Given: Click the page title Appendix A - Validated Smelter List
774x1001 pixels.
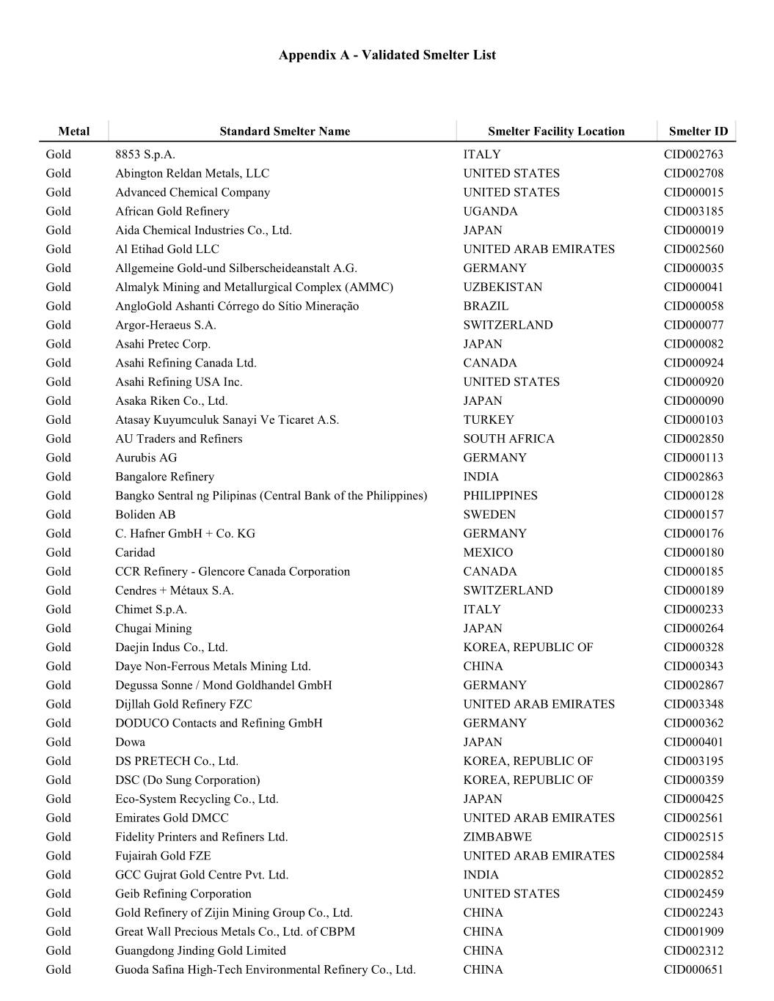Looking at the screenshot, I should pyautogui.click(x=387, y=55).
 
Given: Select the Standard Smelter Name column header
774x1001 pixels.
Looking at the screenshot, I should pyautogui.click(x=285, y=131).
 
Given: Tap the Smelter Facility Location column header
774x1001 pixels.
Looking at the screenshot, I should pyautogui.click(x=556, y=131).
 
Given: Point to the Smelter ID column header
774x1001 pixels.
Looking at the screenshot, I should pyautogui.click(x=698, y=131).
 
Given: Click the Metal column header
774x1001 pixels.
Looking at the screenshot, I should pyautogui.click(x=73, y=131).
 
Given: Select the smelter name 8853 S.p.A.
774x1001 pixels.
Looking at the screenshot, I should pyautogui.click(x=145, y=154).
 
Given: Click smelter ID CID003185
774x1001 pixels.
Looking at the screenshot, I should pyautogui.click(x=693, y=211).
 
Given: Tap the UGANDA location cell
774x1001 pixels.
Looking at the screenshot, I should pyautogui.click(x=490, y=211).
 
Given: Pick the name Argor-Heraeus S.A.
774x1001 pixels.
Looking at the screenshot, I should pyautogui.click(x=165, y=325).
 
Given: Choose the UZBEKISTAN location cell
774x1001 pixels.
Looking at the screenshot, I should pyautogui.click(x=503, y=287).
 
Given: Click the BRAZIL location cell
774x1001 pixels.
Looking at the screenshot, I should pyautogui.click(x=486, y=306).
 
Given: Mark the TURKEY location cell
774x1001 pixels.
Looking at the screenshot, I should pyautogui.click(x=489, y=419).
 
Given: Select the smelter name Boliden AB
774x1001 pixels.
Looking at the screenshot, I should pyautogui.click(x=145, y=514).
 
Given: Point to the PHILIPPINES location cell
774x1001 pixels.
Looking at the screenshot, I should pyautogui.click(x=500, y=496).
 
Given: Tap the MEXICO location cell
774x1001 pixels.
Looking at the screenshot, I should pyautogui.click(x=488, y=552).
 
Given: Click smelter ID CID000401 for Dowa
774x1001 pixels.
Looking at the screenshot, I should pyautogui.click(x=693, y=741).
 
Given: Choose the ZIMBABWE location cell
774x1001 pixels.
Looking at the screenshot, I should pyautogui.click(x=497, y=837).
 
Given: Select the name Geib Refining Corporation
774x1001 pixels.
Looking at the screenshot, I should pyautogui.click(x=183, y=893).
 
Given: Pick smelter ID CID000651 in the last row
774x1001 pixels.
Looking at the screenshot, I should pyautogui.click(x=693, y=969).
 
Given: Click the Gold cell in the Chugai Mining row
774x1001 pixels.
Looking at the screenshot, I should pyautogui.click(x=59, y=628).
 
